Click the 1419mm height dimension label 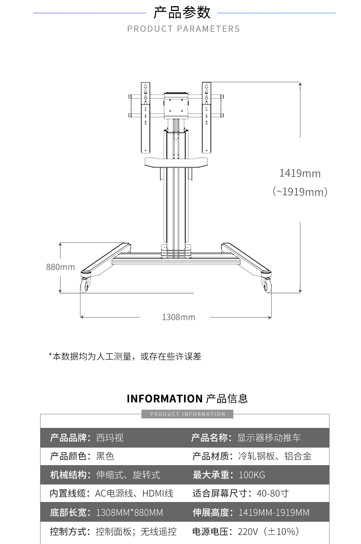[300, 173]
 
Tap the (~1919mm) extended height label [300, 192]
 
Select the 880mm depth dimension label [61, 267]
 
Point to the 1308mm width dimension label [179, 317]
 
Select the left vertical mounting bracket [145, 118]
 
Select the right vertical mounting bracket [206, 118]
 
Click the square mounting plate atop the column [176, 106]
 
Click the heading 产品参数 [182, 12]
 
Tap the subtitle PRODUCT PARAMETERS [183, 28]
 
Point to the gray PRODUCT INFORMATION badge [187, 414]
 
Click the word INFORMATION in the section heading [164, 399]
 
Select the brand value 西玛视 [110, 438]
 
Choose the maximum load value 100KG [252, 475]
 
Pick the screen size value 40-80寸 [273, 494]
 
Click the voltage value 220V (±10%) [269, 531]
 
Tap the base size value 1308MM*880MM [129, 513]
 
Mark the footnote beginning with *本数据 [125, 356]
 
